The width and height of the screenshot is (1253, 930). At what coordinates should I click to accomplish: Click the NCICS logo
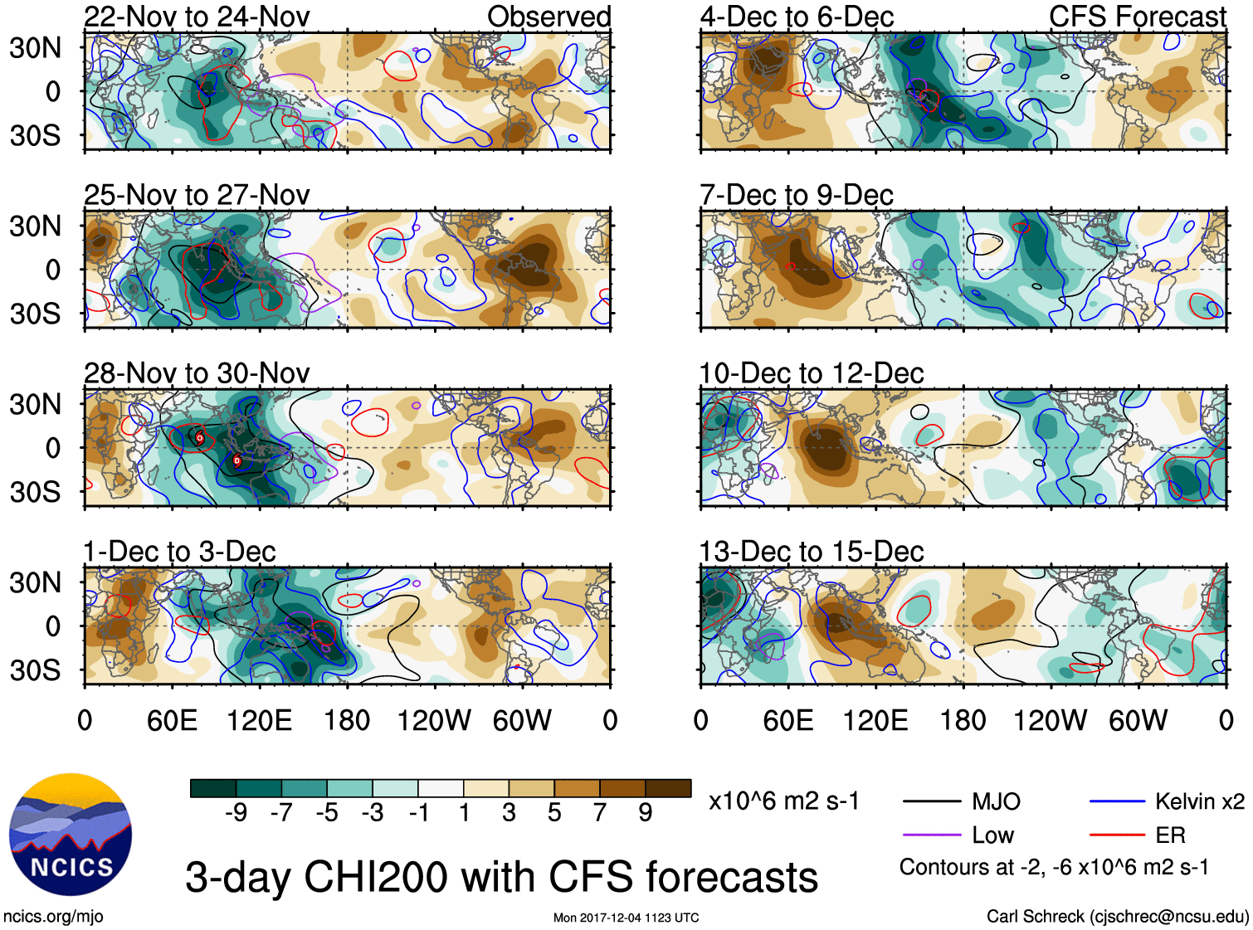(x=70, y=834)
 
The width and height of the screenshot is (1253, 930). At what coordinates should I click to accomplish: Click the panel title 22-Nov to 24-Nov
(x=197, y=17)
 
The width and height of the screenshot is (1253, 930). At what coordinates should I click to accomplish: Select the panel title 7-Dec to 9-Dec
(x=796, y=195)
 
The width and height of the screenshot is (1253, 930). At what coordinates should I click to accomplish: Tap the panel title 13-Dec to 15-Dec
(x=811, y=552)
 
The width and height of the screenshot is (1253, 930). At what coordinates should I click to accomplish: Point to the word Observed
(x=548, y=17)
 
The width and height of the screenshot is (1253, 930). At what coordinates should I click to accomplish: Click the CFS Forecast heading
(x=1137, y=17)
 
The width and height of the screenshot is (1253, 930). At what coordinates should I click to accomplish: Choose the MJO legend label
(x=996, y=801)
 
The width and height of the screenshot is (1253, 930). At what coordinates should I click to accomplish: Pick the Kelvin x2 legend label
(x=1199, y=801)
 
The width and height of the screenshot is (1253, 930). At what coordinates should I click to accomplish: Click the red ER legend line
(x=1117, y=835)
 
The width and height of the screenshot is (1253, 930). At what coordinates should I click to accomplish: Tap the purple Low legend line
(x=931, y=835)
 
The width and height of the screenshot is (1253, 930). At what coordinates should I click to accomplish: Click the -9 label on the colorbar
(x=236, y=813)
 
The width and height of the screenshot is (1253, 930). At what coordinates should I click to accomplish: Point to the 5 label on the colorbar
(x=554, y=813)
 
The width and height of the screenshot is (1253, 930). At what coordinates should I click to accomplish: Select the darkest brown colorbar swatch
(x=668, y=788)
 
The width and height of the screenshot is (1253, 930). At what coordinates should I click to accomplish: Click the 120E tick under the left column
(x=259, y=720)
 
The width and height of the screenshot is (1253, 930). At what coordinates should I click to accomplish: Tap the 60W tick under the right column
(x=1138, y=720)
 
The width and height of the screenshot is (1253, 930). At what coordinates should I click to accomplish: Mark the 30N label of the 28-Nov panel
(x=35, y=405)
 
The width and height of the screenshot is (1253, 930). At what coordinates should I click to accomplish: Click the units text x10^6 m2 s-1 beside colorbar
(x=783, y=801)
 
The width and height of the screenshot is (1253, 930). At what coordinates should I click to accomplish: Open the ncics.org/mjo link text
(x=53, y=916)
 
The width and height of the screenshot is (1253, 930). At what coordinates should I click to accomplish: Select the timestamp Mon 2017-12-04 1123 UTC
(x=626, y=918)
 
